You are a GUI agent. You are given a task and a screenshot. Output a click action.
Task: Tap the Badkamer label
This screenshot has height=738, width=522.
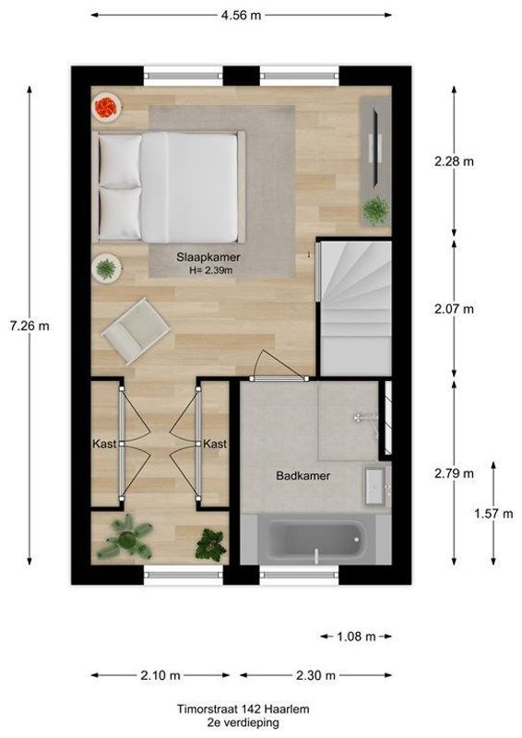pyautogui.click(x=303, y=476)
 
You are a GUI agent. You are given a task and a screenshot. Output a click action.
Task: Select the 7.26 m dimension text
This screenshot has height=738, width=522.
pyautogui.click(x=30, y=326)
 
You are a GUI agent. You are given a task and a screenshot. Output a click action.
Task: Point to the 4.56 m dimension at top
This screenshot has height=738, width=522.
pyautogui.click(x=240, y=15)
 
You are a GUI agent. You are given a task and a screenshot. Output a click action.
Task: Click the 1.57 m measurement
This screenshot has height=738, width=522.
pyautogui.click(x=493, y=514)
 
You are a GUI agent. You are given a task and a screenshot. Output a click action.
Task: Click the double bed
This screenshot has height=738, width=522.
pyautogui.click(x=172, y=184)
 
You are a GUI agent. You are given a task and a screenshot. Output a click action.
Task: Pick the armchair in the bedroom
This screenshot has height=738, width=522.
pyautogui.click(x=136, y=327)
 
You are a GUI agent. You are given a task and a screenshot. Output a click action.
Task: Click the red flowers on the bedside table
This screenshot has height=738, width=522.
pyautogui.click(x=106, y=108)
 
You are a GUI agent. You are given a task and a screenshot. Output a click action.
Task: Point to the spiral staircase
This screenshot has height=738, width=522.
pyautogui.click(x=352, y=304)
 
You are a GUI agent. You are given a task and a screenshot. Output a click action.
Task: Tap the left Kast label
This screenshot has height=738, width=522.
pyautogui.click(x=104, y=445)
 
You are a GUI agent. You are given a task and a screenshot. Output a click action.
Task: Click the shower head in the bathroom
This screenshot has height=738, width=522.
pyautogui.click(x=363, y=418)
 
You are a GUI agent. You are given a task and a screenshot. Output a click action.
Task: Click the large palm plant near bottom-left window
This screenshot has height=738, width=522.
pyautogui.click(x=125, y=537)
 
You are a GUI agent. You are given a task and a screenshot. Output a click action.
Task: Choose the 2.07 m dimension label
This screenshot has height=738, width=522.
pyautogui.click(x=455, y=309)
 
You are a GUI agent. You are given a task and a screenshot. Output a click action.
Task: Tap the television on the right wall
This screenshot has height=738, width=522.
pyautogui.click(x=374, y=146)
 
